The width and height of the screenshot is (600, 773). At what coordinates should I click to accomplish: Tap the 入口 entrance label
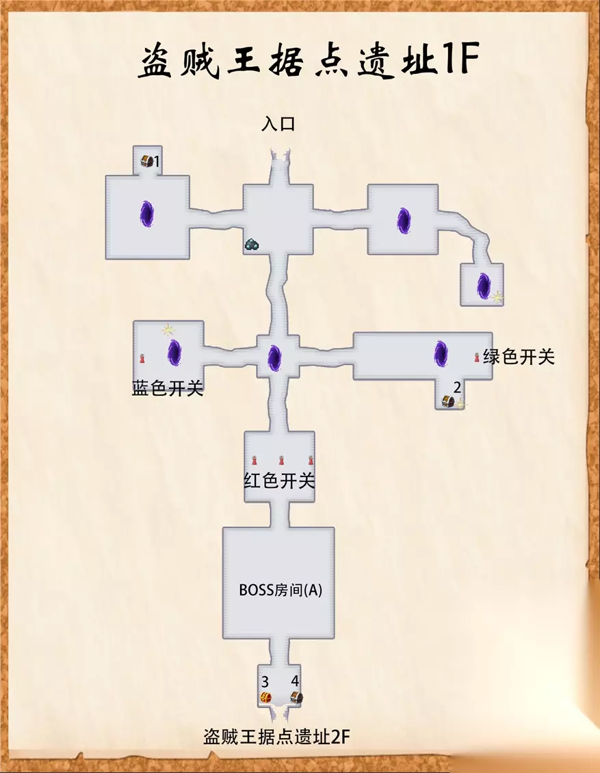pos(278,124)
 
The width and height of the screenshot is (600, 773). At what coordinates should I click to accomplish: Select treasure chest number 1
pos(146,160)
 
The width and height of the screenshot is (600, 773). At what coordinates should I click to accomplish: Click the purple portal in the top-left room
pos(146,213)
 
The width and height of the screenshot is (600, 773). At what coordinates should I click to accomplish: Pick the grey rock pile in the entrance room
pos(252,243)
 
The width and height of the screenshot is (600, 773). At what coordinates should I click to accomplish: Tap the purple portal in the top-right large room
pos(404,220)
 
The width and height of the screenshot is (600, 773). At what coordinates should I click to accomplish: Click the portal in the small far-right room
pos(483,286)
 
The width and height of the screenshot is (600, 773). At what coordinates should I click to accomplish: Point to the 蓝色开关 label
pos(168,388)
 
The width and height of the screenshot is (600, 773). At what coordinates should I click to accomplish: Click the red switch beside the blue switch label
pos(142,358)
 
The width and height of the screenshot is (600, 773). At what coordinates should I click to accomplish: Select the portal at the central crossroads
pos(274,358)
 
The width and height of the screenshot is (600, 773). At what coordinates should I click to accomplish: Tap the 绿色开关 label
pos(519,357)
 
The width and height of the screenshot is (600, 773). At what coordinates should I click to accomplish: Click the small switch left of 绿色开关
pos(477,357)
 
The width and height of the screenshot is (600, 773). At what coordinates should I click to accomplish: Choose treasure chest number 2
pos(447,401)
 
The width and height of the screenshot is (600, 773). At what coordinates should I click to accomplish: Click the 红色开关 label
pos(279,480)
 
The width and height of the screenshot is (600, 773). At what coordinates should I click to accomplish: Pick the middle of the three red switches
pos(282,461)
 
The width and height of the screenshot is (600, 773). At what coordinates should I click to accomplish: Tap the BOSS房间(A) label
pos(281,590)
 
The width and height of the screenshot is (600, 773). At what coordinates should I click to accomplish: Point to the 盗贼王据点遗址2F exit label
pos(277,737)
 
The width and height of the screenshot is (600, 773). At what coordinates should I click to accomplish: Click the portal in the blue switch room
pos(174,353)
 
